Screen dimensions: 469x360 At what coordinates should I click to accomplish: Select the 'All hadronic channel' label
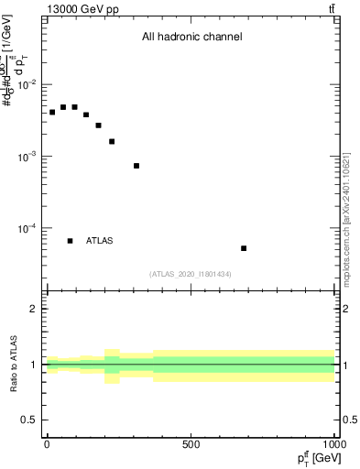click(191, 38)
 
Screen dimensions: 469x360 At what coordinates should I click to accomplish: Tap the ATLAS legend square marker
click(71, 241)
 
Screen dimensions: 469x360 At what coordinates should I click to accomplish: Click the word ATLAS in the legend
click(100, 241)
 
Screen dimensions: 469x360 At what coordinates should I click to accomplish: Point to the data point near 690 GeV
click(244, 248)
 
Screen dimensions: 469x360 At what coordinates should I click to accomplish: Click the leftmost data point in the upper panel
click(52, 112)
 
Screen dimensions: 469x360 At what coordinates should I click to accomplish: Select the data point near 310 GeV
click(136, 166)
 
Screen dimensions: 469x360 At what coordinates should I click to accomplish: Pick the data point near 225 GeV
click(112, 141)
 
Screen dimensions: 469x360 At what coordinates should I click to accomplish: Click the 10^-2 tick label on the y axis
click(27, 85)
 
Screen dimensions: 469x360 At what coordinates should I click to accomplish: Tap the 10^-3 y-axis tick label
click(27, 157)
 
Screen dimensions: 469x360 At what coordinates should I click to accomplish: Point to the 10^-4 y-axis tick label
click(27, 228)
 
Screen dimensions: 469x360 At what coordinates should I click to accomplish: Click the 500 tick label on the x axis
click(191, 444)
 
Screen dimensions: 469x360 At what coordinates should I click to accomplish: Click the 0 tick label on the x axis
click(47, 444)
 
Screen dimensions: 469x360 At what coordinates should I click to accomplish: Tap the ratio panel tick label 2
click(34, 309)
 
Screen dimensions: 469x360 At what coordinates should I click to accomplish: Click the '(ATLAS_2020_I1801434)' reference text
click(190, 274)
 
